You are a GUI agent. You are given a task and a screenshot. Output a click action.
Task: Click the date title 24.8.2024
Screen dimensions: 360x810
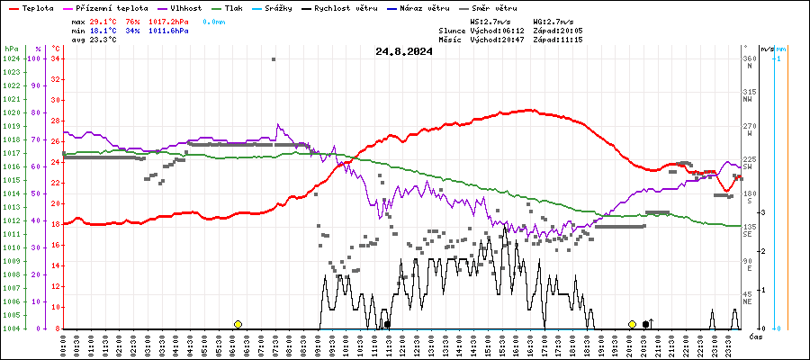(404, 51)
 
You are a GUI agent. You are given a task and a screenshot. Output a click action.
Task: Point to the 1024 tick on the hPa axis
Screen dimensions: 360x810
(11, 58)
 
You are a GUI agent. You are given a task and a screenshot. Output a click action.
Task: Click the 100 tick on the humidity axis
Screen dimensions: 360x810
(36, 58)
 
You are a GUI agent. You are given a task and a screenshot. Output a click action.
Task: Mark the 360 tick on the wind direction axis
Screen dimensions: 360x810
(749, 58)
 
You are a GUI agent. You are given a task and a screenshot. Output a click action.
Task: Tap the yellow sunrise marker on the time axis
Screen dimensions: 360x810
(238, 324)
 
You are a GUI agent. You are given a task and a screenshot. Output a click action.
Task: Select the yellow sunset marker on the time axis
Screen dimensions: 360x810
(632, 324)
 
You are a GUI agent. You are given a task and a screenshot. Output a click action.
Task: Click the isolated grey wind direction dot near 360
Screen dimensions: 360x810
(274, 59)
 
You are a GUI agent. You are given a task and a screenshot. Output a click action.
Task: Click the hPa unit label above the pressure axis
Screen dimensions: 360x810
(11, 49)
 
